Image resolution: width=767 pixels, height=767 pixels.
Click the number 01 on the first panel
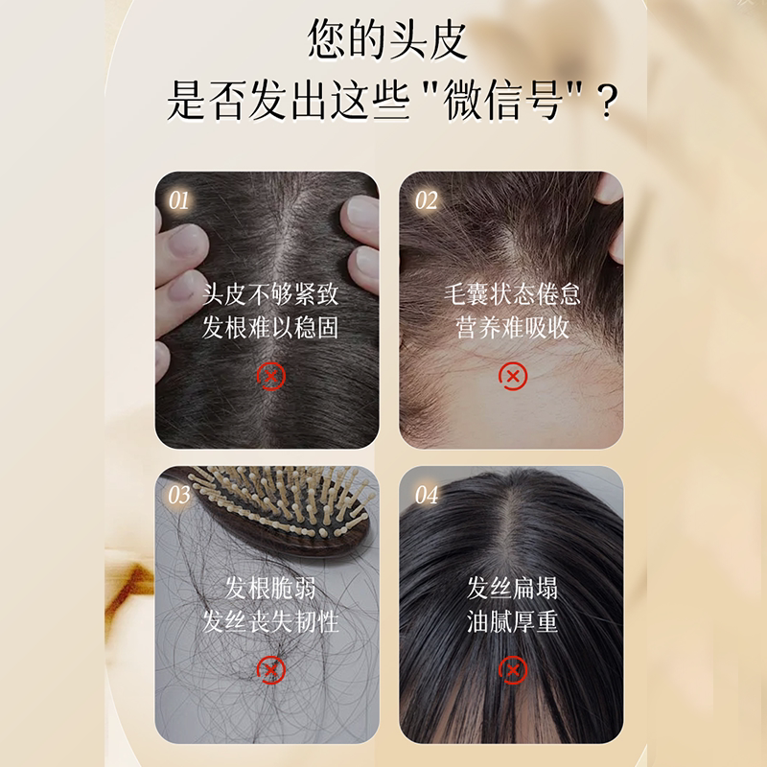click(x=179, y=200)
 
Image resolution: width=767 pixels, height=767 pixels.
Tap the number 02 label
click(x=426, y=200)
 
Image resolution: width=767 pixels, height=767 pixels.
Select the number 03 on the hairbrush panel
click(x=179, y=495)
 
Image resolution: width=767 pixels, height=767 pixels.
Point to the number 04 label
click(x=427, y=495)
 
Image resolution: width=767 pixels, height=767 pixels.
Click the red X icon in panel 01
click(x=270, y=377)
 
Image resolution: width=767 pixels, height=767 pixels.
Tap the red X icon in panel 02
click(x=513, y=377)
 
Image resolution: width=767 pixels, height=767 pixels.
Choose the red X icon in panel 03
click(x=270, y=670)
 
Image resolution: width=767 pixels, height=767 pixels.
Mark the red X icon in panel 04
click(x=513, y=670)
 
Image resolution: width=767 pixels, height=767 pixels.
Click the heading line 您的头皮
click(x=387, y=39)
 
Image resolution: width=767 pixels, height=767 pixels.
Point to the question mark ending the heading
click(x=607, y=103)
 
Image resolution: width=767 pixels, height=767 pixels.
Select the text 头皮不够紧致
click(x=270, y=294)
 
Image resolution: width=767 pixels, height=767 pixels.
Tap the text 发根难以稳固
click(x=270, y=327)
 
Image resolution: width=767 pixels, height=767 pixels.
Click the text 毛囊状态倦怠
click(x=513, y=294)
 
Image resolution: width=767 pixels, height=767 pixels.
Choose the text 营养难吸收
click(x=513, y=327)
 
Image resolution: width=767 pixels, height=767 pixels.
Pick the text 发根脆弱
click(x=270, y=588)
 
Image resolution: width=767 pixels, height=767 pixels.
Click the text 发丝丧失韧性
click(x=270, y=621)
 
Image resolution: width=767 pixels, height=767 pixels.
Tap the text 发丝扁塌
click(x=513, y=588)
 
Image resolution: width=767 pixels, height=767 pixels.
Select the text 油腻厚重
click(x=513, y=621)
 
